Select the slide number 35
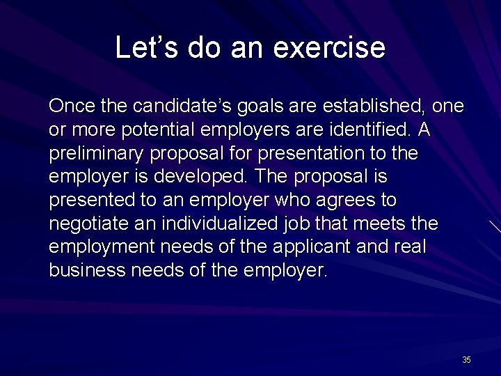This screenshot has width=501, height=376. (x=466, y=360)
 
